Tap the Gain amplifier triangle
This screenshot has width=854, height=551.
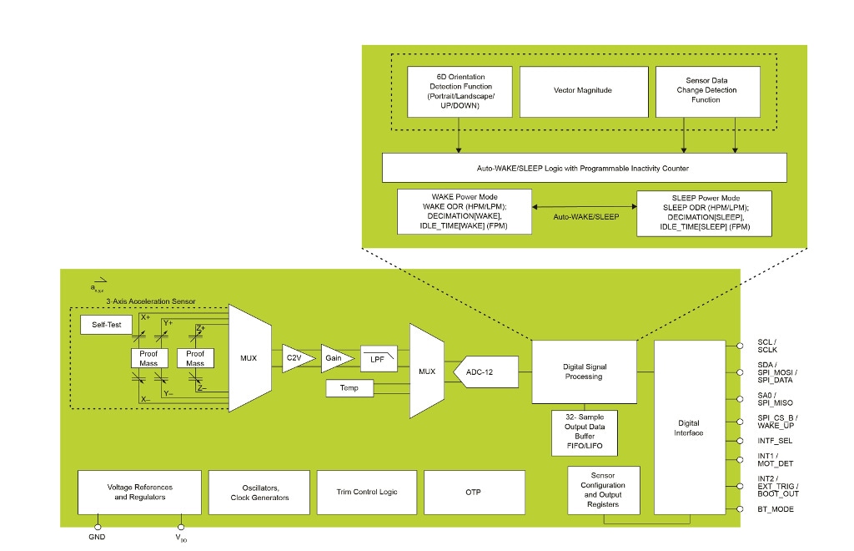click(336, 357)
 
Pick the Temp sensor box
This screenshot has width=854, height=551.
click(350, 387)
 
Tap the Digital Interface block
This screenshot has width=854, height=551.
click(690, 427)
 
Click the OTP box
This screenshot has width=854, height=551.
click(474, 492)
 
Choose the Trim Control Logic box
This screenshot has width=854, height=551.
click(367, 492)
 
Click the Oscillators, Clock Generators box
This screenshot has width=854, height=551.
click(259, 492)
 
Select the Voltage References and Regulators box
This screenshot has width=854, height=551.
click(139, 492)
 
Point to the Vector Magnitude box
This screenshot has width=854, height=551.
click(583, 90)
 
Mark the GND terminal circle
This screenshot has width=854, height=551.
click(97, 527)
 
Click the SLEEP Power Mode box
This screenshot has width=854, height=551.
click(704, 213)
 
